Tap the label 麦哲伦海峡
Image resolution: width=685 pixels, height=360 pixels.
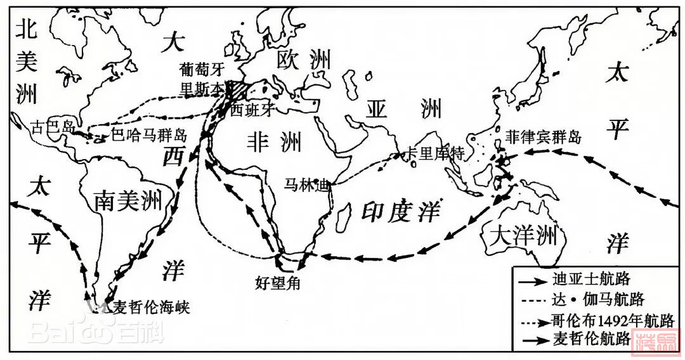[x=150, y=307]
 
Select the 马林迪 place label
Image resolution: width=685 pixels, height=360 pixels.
[x=307, y=185]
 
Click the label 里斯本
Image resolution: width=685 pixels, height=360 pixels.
[x=200, y=90]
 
